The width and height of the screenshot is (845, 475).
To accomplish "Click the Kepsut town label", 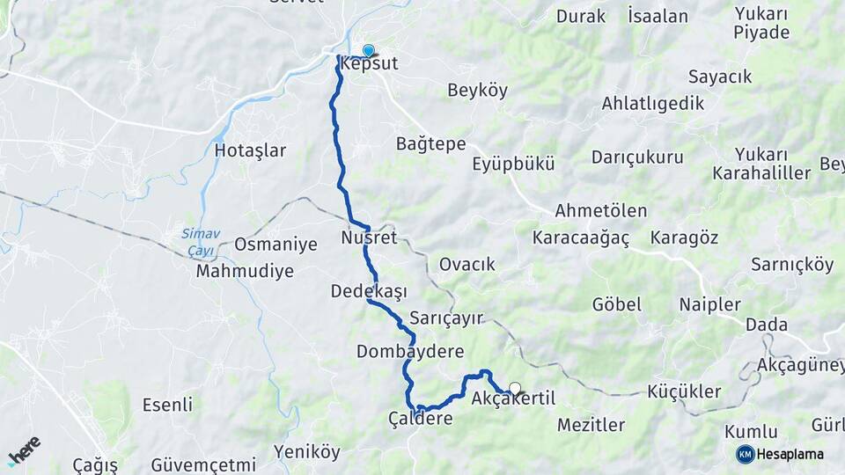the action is click(x=370, y=65).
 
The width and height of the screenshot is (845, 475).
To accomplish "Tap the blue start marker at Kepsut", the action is click(x=368, y=51).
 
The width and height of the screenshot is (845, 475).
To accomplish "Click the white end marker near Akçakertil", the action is click(x=515, y=387).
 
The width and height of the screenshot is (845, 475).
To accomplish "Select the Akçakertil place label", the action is click(x=513, y=399).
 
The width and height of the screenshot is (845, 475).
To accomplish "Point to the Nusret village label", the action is click(x=370, y=237).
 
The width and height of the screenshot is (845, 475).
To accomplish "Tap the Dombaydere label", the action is click(x=410, y=352).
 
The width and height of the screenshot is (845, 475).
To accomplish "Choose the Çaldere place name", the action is click(x=421, y=419).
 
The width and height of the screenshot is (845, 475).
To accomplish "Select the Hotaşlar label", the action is click(x=250, y=150).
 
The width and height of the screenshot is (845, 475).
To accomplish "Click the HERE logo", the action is click(x=25, y=451).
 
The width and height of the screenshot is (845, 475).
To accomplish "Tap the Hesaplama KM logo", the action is click(x=780, y=454).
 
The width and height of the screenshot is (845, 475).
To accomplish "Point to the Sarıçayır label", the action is click(x=447, y=318).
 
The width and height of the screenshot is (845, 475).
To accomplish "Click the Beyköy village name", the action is click(x=478, y=90).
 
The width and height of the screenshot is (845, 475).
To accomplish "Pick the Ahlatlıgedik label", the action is click(x=653, y=104).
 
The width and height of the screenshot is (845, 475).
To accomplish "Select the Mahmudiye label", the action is click(x=245, y=271).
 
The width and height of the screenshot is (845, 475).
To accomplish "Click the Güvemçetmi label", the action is click(x=203, y=464).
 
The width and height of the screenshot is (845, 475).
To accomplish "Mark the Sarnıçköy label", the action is click(x=792, y=264).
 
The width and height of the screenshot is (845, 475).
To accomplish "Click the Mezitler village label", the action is click(x=591, y=426).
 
